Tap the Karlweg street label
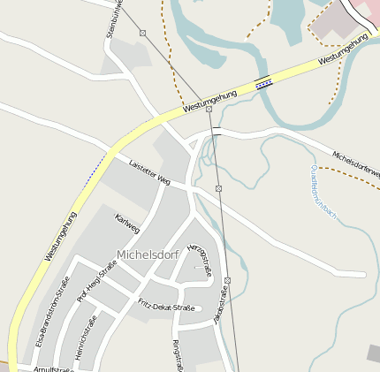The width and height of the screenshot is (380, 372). (127, 224)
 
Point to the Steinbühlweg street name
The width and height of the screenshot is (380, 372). (112, 18)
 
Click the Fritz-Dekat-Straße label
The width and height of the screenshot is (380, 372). (166, 306)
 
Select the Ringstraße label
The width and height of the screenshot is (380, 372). (178, 354)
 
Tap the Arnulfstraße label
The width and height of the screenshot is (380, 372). (53, 369)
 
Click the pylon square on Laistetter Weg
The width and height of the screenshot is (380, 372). (218, 188)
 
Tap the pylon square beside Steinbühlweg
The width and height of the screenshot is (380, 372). (142, 33)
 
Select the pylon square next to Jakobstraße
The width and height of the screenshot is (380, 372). (228, 280)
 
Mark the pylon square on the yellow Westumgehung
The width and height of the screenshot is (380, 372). (209, 109)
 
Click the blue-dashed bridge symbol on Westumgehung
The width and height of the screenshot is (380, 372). (263, 84)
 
